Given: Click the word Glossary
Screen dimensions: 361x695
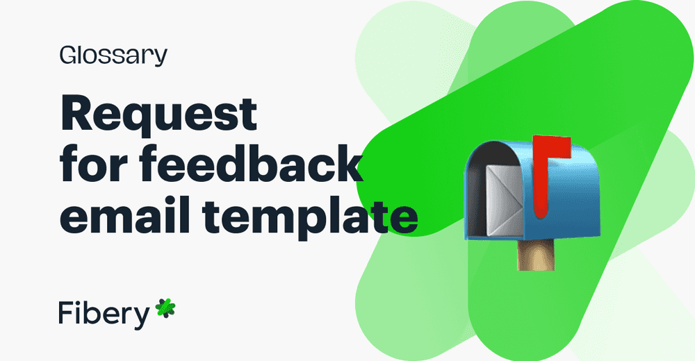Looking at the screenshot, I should coord(113,56).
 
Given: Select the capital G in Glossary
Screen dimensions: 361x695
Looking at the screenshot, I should coord(68,56).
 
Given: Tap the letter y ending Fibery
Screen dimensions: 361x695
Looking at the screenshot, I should coord(141,317).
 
